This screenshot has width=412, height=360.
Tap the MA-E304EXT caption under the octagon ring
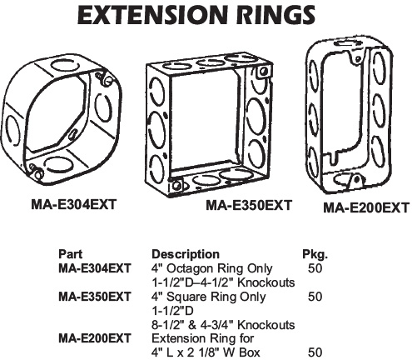point(73,205)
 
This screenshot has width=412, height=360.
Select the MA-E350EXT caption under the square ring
point(249,205)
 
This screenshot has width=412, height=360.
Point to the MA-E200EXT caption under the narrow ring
point(366,207)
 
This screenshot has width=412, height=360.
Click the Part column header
point(70,254)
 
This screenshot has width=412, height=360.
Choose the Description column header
point(186,254)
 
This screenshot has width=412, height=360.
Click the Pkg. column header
point(315,254)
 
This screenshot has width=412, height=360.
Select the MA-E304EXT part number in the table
point(95,268)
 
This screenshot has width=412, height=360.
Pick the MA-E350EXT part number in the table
point(95,297)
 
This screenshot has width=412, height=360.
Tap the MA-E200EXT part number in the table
point(95,338)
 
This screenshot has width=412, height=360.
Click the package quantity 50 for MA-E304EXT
point(315,268)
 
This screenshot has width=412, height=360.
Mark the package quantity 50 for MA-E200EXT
point(315,352)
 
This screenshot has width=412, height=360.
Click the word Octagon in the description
point(191,268)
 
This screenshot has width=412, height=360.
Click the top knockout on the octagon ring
point(62,66)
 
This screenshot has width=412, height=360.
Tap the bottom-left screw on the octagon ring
point(36,171)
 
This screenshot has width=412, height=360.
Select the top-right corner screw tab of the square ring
point(262,72)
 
